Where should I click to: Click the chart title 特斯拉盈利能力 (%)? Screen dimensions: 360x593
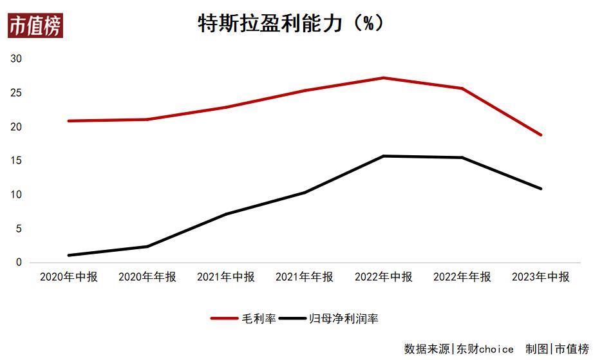pos(291,23)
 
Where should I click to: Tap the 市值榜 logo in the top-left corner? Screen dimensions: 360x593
pos(35,26)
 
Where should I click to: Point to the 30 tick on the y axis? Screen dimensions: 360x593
pos(16,59)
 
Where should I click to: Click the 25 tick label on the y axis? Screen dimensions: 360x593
pos(16,93)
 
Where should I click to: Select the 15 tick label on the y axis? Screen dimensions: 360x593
pos(16,161)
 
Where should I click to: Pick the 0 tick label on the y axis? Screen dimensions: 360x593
pos(19,263)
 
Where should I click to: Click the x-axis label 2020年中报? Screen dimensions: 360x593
pos(69,277)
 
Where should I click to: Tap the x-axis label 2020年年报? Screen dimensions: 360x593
pos(147,277)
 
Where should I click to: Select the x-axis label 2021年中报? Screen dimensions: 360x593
pos(226,277)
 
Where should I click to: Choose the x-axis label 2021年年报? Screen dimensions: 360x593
pos(305,277)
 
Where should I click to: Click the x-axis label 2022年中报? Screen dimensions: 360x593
pos(384,277)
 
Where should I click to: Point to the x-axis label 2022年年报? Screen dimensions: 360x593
pos(462,277)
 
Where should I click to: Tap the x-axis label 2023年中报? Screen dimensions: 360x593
pos(541,277)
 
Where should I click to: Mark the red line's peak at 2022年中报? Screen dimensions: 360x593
pos(384,78)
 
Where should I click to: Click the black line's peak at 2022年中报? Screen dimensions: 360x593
pos(384,156)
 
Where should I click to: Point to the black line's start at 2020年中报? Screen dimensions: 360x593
pos(69,256)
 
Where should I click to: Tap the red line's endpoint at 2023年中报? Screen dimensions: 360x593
pos(541,135)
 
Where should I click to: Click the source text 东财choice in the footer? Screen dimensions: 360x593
pos(485,349)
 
